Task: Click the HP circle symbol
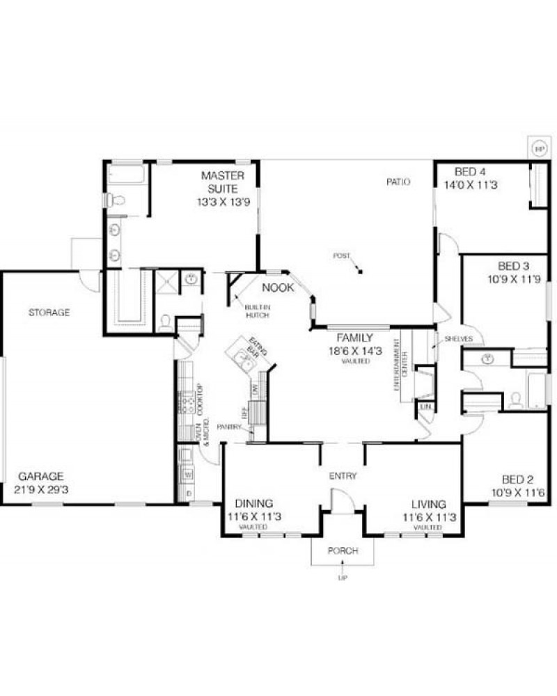click(539, 148)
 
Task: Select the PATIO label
click(399, 182)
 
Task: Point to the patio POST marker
click(359, 270)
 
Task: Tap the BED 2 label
click(518, 479)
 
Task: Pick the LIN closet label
click(425, 405)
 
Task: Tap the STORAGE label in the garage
click(49, 313)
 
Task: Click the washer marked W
click(187, 475)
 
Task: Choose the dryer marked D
click(187, 493)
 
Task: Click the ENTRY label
click(343, 477)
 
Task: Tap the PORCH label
click(343, 551)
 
